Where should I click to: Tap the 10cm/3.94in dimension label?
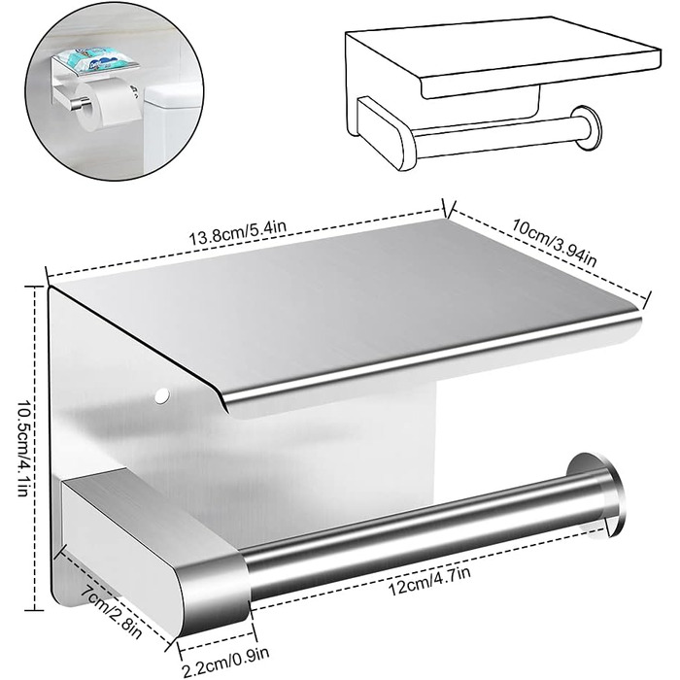click(555, 243)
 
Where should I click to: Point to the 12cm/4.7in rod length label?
click(429, 581)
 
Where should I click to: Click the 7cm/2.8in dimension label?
click(112, 611)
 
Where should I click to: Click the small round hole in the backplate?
click(162, 395)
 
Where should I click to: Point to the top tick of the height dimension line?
click(36, 287)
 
